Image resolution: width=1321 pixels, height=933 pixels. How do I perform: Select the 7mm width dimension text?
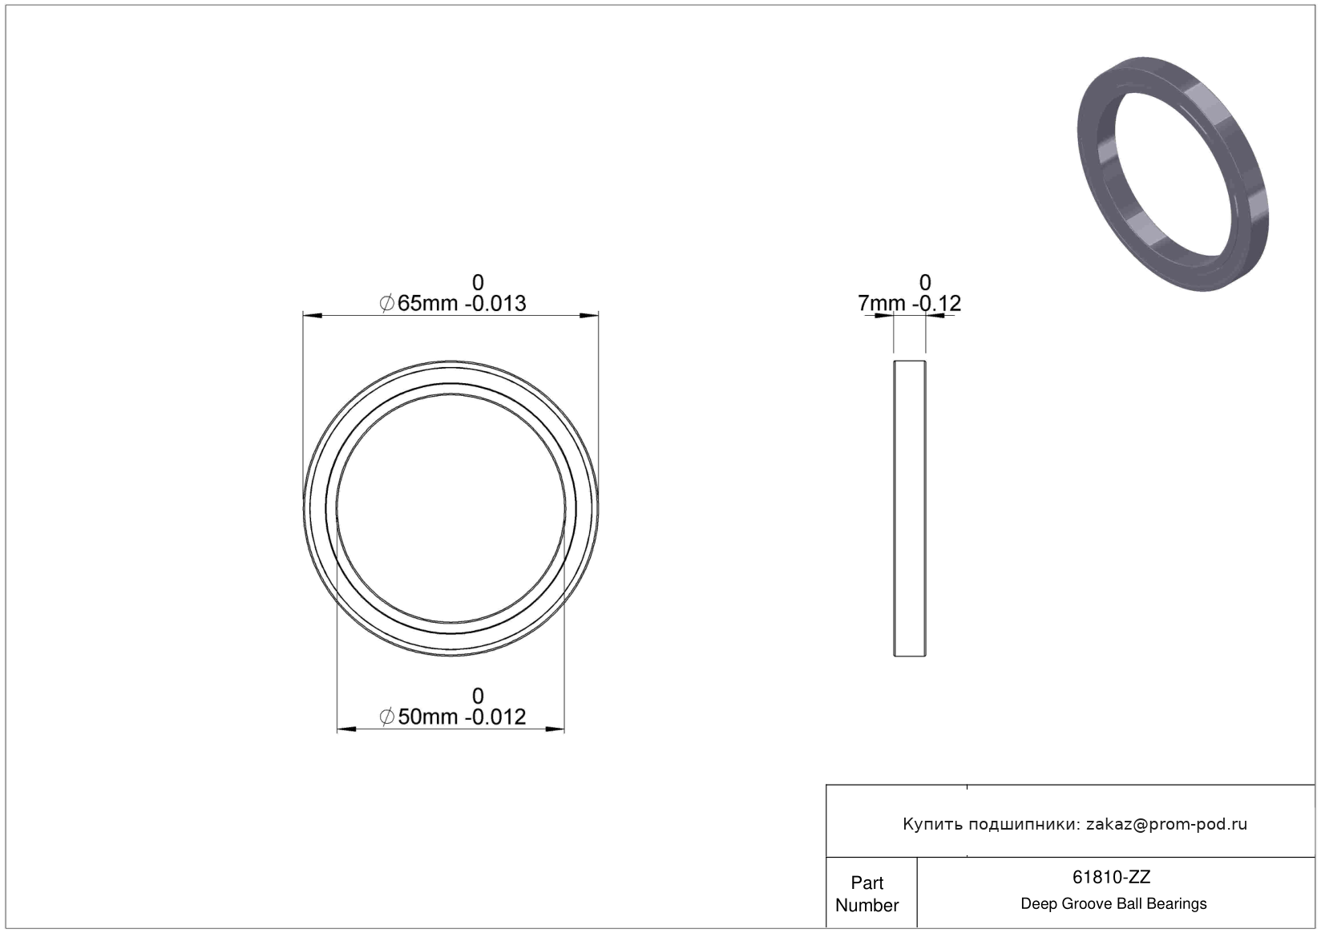[x=882, y=304]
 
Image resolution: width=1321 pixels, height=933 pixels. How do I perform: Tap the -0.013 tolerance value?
[x=495, y=304]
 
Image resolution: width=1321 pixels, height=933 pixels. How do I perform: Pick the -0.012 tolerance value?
[x=495, y=717]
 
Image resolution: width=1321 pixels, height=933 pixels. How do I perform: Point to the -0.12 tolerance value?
[x=937, y=304]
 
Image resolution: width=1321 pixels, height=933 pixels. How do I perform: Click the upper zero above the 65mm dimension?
[x=479, y=282]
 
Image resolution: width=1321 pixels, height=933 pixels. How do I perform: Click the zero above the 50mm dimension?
[x=479, y=697]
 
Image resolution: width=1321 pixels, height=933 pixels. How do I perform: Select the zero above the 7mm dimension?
[x=925, y=282]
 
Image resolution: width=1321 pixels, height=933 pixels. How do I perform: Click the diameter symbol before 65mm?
[x=387, y=304]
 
